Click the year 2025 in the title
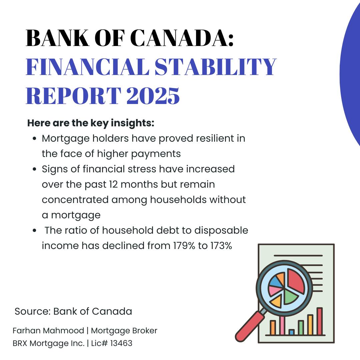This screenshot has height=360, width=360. tap(153, 96)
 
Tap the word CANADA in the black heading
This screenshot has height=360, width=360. tap(182, 38)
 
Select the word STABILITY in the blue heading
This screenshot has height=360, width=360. tap(215, 67)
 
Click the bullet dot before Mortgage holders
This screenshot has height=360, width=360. tap(34, 138)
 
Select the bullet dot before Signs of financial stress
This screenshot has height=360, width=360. tap(34, 169)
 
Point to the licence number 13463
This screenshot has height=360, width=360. tap(121, 343)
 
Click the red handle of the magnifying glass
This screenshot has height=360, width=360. tap(250, 326)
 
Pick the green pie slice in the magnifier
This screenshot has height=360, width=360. tap(290, 296)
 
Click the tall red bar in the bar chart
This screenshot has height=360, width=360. tap(320, 321)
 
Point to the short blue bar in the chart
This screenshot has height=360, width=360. tap(292, 332)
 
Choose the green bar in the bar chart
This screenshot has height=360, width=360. tap(301, 328)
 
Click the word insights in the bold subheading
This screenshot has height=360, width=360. tap(132, 123)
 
